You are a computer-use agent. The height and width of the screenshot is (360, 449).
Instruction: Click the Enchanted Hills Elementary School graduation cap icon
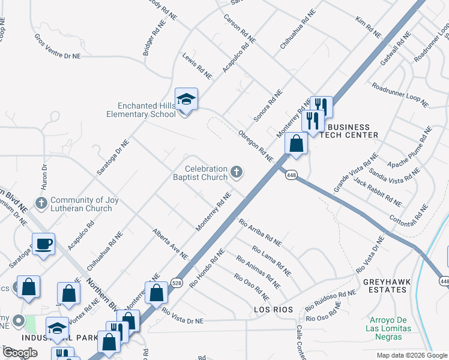(x=186, y=100)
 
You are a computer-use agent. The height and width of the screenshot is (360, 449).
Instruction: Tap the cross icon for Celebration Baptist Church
(x=237, y=173)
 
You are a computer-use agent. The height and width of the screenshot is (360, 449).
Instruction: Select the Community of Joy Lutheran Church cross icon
(x=41, y=204)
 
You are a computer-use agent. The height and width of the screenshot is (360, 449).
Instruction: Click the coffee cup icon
(x=43, y=244)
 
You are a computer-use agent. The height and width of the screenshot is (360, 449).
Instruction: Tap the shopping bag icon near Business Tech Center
(x=297, y=144)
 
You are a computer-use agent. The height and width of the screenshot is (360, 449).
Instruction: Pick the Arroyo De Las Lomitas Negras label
(x=388, y=328)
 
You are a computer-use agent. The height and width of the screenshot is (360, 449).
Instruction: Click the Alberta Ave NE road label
(x=170, y=244)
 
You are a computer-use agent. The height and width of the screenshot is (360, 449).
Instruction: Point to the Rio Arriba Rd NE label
(x=260, y=233)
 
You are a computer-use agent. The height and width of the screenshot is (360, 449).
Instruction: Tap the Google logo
(x=20, y=353)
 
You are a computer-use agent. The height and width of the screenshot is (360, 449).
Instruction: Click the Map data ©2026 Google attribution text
(x=411, y=355)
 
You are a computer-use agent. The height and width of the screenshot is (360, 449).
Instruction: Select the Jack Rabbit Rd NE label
(x=377, y=191)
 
